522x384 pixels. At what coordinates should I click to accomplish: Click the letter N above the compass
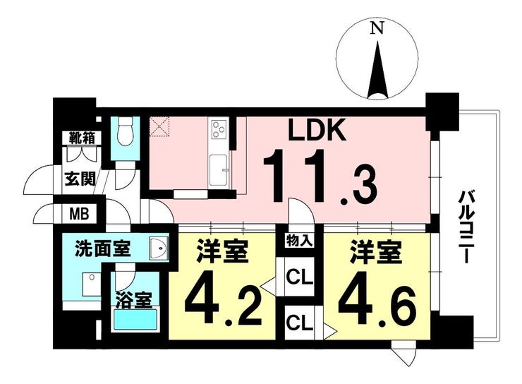point(377,28)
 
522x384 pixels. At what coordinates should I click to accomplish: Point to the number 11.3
point(320,176)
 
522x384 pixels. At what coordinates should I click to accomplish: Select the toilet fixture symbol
point(126,132)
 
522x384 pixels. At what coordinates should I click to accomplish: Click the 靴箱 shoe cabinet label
point(82,138)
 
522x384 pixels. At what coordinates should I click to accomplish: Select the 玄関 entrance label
point(80,179)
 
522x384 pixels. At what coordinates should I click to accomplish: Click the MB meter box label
point(79,213)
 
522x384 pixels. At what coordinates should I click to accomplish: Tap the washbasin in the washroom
point(159,248)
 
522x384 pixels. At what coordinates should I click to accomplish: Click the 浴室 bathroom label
point(134,299)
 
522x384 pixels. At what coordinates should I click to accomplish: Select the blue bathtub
point(135,319)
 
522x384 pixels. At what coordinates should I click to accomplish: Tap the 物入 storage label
point(300,241)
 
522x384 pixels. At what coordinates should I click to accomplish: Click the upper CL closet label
point(300,277)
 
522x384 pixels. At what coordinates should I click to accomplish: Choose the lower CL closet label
point(300,323)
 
